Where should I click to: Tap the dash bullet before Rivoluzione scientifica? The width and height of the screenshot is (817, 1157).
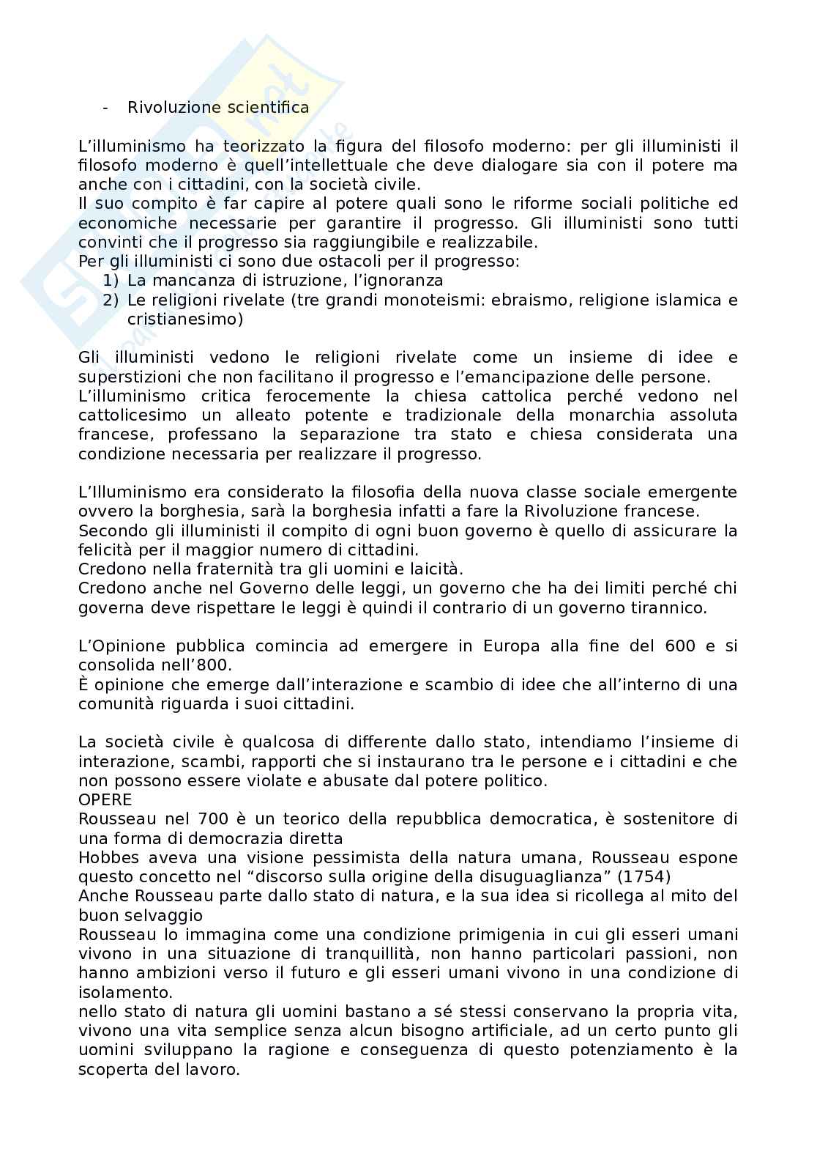click(106, 108)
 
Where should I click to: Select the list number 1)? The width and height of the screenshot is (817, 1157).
click(110, 281)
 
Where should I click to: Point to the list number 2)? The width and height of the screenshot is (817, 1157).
click(110, 300)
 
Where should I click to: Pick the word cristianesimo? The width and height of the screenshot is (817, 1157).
click(185, 319)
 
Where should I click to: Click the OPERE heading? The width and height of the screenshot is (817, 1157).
click(105, 799)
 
